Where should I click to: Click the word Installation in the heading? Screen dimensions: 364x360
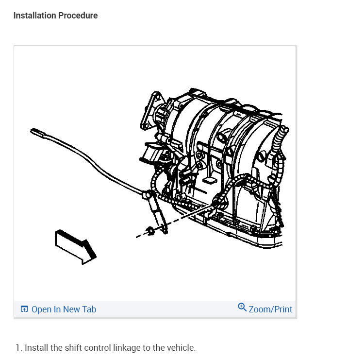35,16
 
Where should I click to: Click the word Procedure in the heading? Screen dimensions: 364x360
78,16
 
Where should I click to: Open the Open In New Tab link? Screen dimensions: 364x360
64,309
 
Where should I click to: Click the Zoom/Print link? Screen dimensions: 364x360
270,309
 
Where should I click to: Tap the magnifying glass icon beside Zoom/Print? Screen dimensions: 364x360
242,307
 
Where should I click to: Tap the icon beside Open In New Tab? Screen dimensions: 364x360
24,309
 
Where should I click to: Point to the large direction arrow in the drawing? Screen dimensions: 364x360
75,247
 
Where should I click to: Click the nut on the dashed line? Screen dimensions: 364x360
150,231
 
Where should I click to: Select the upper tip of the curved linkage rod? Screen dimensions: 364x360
32,131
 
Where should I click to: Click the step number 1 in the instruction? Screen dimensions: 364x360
18,348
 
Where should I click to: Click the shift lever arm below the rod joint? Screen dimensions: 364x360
159,214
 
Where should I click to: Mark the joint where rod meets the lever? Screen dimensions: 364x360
147,195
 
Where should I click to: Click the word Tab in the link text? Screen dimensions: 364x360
89,309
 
